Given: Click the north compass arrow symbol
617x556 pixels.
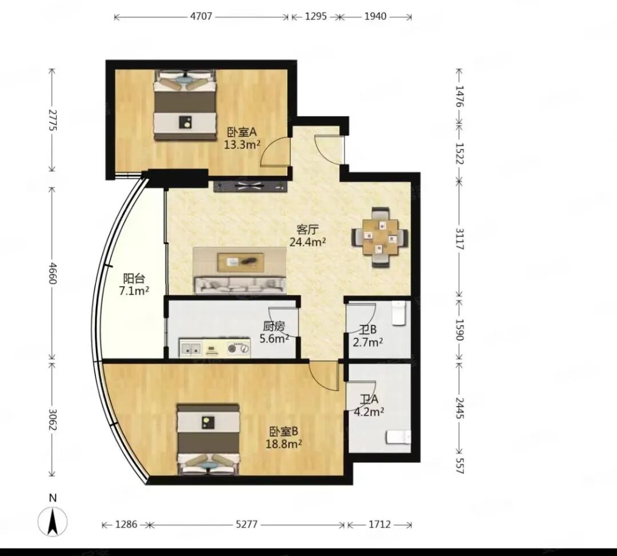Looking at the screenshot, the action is (x=53, y=522).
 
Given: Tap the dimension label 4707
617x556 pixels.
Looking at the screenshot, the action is (x=201, y=17).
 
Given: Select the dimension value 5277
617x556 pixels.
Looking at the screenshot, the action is (x=246, y=525).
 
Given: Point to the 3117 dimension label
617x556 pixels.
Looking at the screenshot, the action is (x=459, y=239).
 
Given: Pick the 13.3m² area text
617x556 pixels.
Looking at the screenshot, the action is (x=242, y=145).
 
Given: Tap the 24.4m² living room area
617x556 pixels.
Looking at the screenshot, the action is (x=307, y=242).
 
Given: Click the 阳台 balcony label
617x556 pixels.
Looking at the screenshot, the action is (x=134, y=279).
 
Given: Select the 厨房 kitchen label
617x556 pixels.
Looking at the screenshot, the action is (x=274, y=326).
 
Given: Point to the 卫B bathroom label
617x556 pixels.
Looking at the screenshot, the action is (x=368, y=330).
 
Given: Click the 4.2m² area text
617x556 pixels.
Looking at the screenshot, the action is (x=368, y=412).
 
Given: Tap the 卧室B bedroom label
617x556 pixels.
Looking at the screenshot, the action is (x=284, y=431).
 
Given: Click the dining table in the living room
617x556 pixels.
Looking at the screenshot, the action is (x=380, y=237).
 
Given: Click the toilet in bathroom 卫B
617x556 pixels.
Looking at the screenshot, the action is (x=399, y=313).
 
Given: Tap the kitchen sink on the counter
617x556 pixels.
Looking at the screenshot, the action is (x=191, y=348).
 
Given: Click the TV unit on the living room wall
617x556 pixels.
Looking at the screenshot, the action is (x=250, y=186).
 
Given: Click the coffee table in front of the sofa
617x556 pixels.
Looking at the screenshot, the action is (x=240, y=262).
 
